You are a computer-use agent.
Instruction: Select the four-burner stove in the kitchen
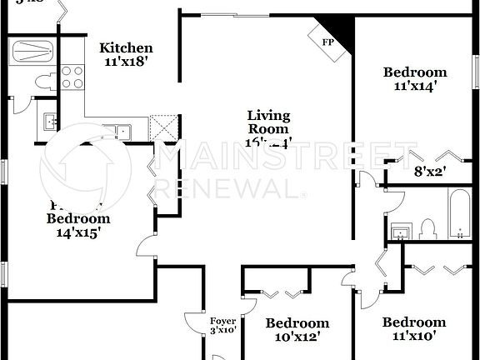(x=72, y=77)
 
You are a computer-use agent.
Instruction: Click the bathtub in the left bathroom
(x=32, y=51)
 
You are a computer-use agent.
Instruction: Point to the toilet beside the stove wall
(x=43, y=82)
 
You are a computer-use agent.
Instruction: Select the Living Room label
(x=268, y=122)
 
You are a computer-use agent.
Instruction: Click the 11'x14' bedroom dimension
(x=414, y=86)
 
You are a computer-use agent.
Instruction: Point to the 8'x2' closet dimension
(x=430, y=173)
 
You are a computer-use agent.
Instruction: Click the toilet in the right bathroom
(x=428, y=227)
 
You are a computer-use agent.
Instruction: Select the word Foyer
(x=222, y=321)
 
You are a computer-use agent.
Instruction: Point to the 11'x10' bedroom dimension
(x=414, y=336)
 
